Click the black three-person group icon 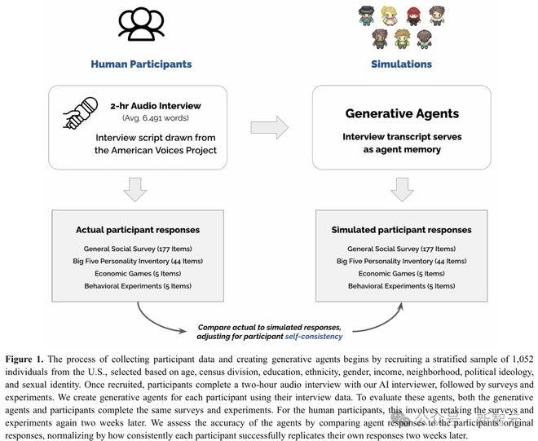click(141, 24)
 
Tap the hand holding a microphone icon click(80, 113)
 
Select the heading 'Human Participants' click(141, 64)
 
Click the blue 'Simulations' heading click(401, 64)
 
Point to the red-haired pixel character click(413, 16)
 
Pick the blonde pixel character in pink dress click(389, 16)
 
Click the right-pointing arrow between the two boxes click(269, 128)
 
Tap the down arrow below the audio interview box click(135, 189)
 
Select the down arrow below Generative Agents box click(402, 189)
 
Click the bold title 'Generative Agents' click(402, 113)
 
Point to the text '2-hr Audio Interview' click(156, 106)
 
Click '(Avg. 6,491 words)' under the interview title click(156, 118)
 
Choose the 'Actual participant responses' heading click(138, 230)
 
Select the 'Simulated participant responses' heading click(401, 230)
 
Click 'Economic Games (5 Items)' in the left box click(138, 274)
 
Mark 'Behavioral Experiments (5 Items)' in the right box click(401, 286)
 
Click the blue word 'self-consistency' click(314, 337)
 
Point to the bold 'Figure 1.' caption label click(24, 359)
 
